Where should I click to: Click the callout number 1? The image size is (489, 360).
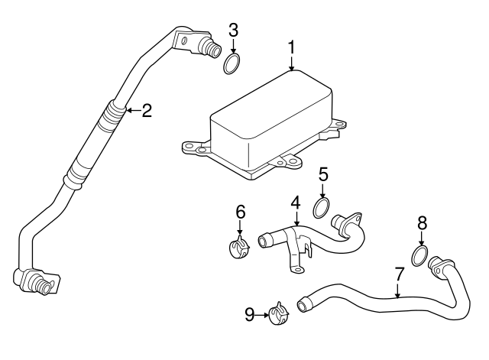[292, 47]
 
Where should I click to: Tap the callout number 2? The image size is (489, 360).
[147, 110]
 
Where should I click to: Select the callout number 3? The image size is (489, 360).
[234, 31]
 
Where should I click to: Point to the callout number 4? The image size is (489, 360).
[296, 204]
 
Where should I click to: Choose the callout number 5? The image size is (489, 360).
[324, 175]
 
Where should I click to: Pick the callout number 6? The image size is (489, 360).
[240, 210]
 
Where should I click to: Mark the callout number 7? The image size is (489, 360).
[398, 272]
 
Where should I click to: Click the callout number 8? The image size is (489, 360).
[421, 223]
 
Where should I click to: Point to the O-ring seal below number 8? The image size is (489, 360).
[420, 255]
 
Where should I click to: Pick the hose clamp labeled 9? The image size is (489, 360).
[278, 313]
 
